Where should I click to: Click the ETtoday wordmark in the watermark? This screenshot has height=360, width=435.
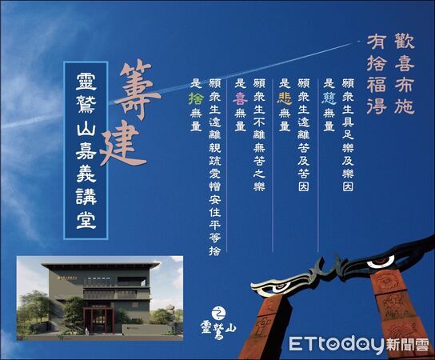[x=336, y=345]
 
